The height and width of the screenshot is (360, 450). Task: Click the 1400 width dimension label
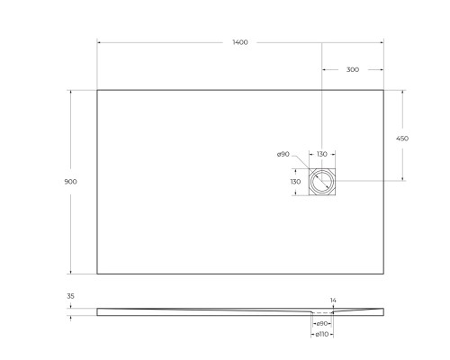pyautogui.click(x=240, y=43)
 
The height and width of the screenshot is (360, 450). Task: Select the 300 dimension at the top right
pyautogui.click(x=352, y=69)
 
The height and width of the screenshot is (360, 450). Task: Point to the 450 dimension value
pyautogui.click(x=402, y=139)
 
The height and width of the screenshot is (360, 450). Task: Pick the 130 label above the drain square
pyautogui.click(x=322, y=155)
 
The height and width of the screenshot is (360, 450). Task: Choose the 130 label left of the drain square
pyautogui.click(x=294, y=182)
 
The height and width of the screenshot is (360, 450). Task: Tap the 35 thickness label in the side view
pyautogui.click(x=71, y=295)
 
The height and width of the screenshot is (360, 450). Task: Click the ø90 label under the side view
pyautogui.click(x=322, y=323)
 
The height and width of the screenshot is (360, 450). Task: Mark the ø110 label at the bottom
pyautogui.click(x=322, y=335)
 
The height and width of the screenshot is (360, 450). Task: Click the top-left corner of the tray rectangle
pyautogui.click(x=97, y=90)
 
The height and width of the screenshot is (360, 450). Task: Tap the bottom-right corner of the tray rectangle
pyautogui.click(x=383, y=274)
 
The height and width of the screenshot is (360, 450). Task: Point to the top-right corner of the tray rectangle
pyautogui.click(x=383, y=90)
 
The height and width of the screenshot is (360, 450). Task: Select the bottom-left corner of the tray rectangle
pyautogui.click(x=97, y=274)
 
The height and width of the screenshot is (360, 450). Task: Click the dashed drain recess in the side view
pyautogui.click(x=322, y=312)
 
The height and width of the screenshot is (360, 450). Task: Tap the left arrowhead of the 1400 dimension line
pyautogui.click(x=99, y=42)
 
